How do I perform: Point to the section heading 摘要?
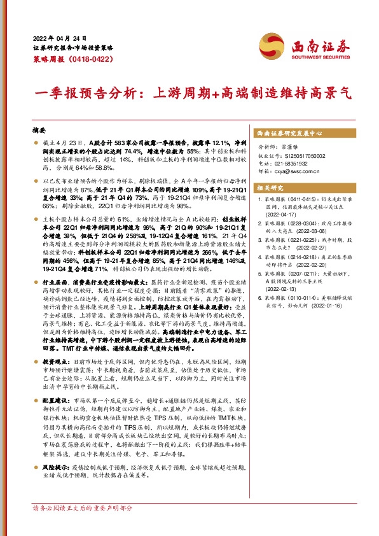pos(39,128)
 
